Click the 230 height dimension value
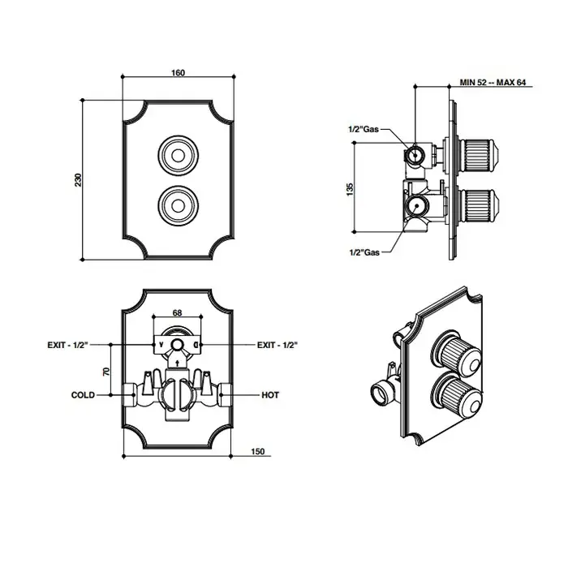tap(79, 179)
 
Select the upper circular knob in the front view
tap(177, 153)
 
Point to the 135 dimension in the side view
tap(350, 187)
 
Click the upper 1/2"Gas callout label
tap(363, 128)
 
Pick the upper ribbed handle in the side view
tap(479, 153)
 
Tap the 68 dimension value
tap(178, 312)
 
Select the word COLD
tap(83, 395)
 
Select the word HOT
tap(270, 395)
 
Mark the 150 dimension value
tap(259, 452)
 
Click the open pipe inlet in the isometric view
tap(380, 395)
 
